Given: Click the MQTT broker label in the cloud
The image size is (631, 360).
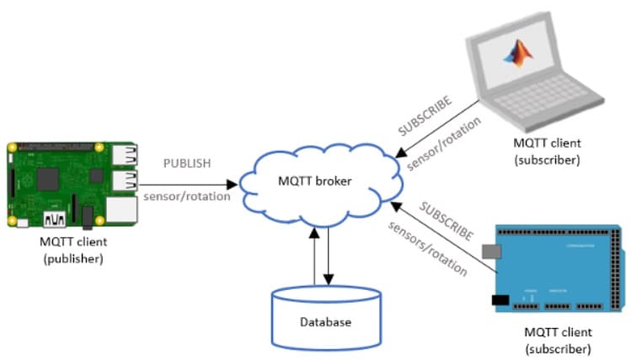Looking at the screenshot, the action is (315, 180).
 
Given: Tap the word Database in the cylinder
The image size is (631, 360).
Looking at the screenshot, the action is (325, 322).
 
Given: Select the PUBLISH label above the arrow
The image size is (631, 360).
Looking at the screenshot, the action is (187, 163).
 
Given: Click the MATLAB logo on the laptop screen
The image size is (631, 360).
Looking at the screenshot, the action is (519, 53).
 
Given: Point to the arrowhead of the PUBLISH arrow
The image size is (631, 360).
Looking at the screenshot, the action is (233, 185).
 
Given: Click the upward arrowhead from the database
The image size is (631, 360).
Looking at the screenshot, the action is (314, 233).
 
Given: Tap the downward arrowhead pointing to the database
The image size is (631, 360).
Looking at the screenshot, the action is (329, 279).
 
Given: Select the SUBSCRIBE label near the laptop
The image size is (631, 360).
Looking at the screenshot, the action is (425, 116).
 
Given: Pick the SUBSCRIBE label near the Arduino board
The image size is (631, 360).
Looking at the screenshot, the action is (447, 221).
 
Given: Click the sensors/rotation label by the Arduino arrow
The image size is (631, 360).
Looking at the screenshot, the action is (428, 249).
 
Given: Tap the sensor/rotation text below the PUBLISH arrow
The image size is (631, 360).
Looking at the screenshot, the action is (187, 196).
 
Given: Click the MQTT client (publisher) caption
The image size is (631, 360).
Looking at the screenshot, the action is (73, 250).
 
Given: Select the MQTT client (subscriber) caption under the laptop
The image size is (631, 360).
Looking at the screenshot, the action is (548, 152).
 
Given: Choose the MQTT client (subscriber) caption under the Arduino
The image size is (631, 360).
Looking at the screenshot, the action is (559, 341).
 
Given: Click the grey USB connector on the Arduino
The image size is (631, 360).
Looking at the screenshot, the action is (491, 252).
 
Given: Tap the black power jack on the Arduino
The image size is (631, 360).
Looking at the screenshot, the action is (500, 300).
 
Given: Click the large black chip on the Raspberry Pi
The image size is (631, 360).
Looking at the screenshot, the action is (48, 180).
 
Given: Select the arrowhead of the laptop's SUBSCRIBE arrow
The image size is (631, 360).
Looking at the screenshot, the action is (401, 153).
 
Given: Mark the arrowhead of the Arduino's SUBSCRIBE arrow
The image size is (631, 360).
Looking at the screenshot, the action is (397, 207).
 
